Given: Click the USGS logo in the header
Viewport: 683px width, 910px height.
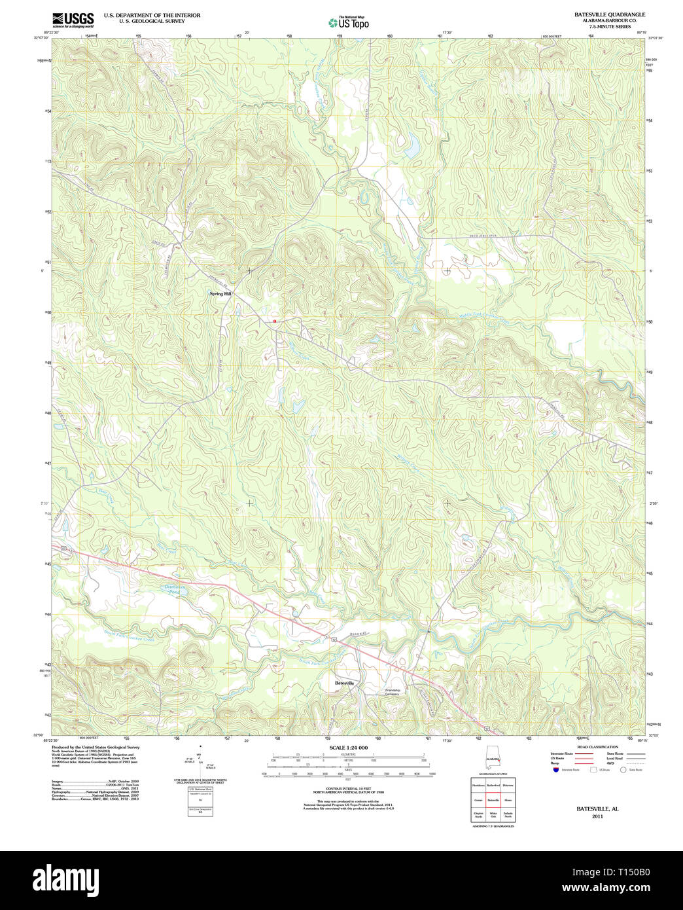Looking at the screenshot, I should [73, 19].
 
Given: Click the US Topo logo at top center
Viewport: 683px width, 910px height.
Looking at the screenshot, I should [348, 22].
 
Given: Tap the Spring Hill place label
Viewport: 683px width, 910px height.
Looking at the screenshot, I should [220, 294].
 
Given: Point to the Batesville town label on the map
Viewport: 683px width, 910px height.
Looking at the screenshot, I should [344, 683].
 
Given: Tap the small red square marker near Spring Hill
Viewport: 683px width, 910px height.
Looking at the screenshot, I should [274, 321].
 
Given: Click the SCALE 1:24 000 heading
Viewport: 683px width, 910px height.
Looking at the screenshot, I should [348, 748].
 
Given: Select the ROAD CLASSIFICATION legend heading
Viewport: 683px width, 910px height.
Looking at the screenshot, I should [597, 747].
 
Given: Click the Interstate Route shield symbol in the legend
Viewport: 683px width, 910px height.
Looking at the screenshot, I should [555, 771].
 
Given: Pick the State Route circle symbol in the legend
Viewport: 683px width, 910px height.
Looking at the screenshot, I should [624, 771].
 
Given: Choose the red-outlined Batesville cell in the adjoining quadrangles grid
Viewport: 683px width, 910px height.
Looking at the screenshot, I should [493, 801].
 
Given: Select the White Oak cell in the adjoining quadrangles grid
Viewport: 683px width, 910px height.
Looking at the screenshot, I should [493, 815].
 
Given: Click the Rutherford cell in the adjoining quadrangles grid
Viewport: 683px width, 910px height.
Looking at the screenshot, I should [493, 786].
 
